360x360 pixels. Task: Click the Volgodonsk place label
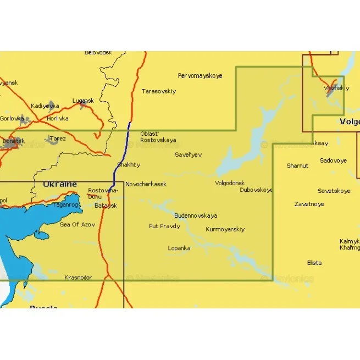(230, 183)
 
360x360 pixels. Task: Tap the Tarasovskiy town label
(159, 91)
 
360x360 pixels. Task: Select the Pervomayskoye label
(200, 76)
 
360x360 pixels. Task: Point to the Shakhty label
(129, 164)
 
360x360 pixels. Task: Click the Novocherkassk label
(146, 184)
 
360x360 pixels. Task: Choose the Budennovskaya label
(196, 215)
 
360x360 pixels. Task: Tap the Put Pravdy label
(164, 226)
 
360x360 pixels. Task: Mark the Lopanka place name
(179, 248)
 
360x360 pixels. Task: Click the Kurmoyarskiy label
(225, 229)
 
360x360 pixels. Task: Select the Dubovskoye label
(256, 190)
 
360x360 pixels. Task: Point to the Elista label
(314, 263)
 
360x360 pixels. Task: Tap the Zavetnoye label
(309, 204)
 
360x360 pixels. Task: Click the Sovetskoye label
(334, 191)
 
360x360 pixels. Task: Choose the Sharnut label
(297, 165)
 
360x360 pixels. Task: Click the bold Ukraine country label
(60, 184)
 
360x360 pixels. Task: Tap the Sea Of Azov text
(77, 224)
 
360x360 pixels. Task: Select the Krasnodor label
(78, 278)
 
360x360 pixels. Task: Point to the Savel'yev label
(188, 154)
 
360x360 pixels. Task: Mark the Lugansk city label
(83, 101)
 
